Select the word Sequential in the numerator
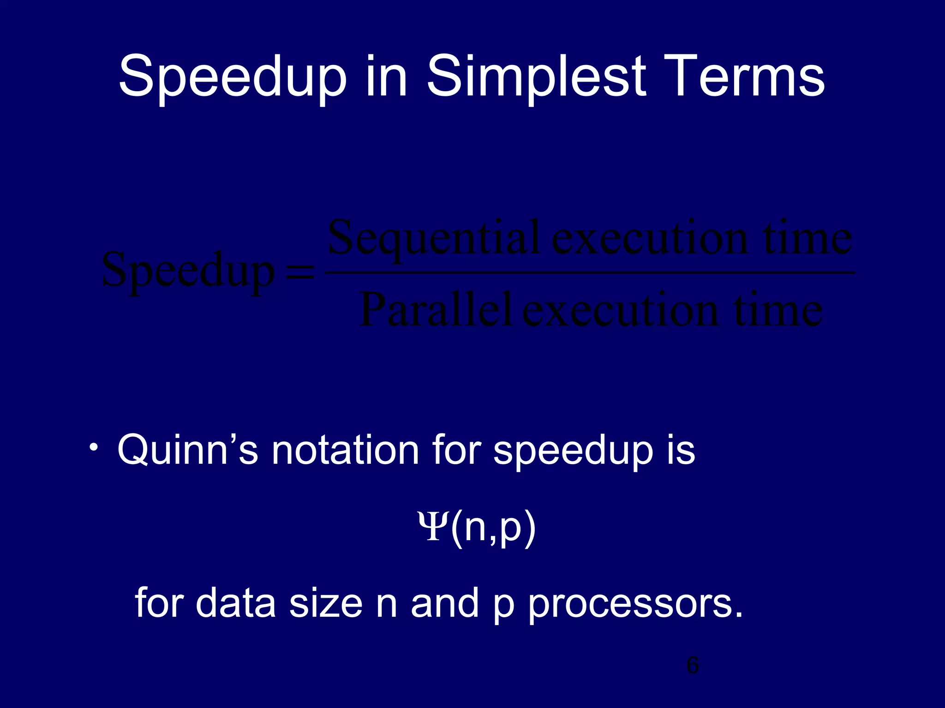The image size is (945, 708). click(434, 240)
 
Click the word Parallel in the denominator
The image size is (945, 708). click(436, 310)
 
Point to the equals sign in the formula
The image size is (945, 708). click(300, 273)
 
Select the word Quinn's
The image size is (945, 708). click(187, 449)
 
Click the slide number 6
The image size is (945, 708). click(693, 666)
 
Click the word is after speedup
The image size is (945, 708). click(680, 449)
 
